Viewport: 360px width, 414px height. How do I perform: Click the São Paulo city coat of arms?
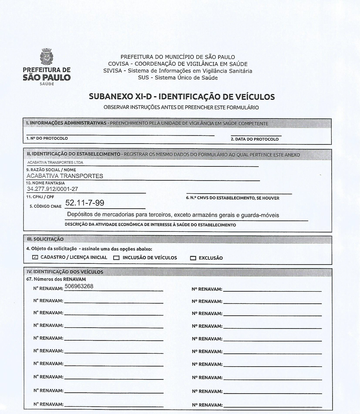46,57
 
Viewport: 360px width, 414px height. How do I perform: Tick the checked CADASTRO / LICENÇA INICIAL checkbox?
35,257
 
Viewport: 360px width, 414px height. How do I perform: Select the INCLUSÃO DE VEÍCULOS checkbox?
116,258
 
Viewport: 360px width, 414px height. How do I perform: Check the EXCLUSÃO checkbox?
193,258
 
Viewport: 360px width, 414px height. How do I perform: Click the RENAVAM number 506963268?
79,286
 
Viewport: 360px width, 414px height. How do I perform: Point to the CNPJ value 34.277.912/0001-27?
52,189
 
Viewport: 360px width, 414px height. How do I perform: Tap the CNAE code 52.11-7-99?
85,203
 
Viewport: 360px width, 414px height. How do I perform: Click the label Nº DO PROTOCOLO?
47,138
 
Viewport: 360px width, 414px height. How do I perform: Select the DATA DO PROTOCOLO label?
255,139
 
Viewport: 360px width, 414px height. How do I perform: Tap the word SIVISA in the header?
113,71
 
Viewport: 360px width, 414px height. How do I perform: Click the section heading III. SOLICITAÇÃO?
45,239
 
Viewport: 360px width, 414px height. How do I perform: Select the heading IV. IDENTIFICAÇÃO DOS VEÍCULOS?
65,272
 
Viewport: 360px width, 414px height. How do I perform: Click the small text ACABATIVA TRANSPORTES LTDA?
55,163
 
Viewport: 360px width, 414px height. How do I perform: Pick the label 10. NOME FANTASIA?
45,183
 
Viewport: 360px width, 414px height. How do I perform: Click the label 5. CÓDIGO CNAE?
45,206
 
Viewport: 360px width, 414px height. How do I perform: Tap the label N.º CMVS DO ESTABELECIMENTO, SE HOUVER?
232,198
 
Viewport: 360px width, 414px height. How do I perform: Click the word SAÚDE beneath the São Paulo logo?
46,84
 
